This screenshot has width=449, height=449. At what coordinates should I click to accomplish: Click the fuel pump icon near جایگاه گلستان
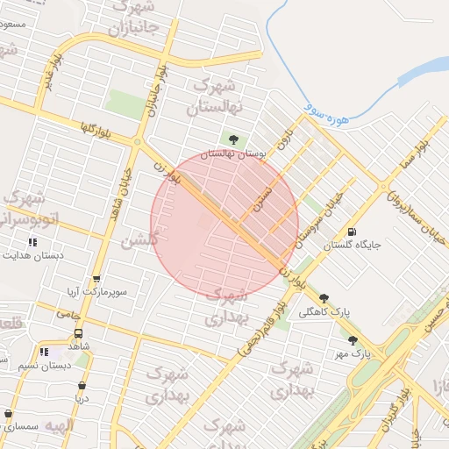click(353, 232)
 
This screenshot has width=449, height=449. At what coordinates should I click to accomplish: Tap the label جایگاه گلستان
click(353, 246)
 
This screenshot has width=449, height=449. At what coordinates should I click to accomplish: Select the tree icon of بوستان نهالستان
click(233, 139)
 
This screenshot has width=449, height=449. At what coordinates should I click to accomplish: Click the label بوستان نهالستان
click(233, 153)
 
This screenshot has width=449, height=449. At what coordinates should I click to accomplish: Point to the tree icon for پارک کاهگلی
click(324, 298)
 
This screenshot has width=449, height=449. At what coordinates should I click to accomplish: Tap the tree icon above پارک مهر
click(353, 340)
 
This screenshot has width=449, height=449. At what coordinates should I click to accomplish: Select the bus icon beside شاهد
click(79, 334)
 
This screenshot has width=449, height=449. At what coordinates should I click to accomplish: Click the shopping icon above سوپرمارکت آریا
click(96, 279)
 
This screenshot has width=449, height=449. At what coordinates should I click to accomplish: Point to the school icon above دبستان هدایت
click(32, 242)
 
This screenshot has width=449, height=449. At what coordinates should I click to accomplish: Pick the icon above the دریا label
click(82, 385)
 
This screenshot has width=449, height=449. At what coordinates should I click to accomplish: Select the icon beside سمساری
click(8, 414)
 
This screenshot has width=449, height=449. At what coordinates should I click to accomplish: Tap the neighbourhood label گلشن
click(140, 239)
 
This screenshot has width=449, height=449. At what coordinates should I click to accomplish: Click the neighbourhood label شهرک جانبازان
click(132, 18)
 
